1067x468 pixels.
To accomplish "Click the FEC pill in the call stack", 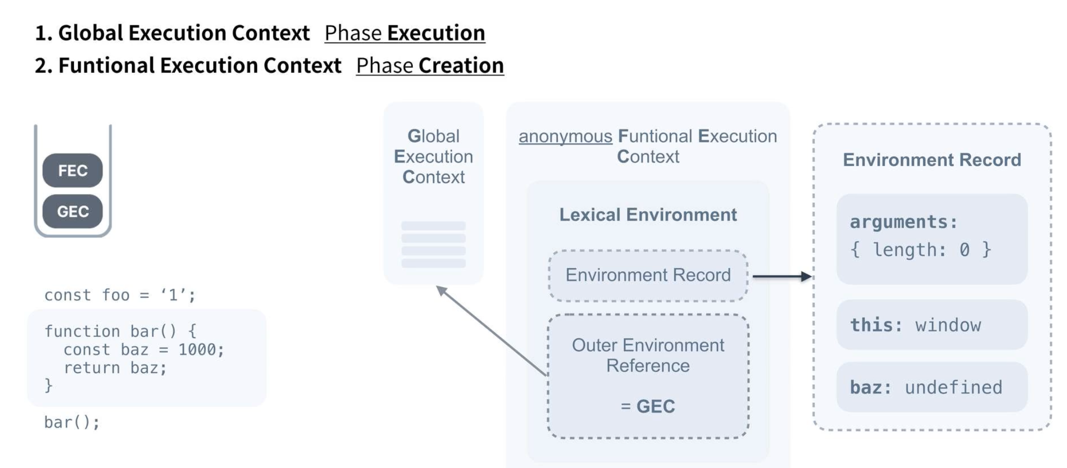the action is (x=72, y=171).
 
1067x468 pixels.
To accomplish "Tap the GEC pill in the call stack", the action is (x=72, y=212).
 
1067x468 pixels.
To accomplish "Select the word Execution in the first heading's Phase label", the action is (x=436, y=33).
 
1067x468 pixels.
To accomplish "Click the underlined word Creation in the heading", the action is (x=461, y=65).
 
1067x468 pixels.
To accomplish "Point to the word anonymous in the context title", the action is (x=565, y=136).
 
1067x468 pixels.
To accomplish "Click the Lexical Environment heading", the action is (x=648, y=215).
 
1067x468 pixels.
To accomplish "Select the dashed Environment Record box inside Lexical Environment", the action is (x=648, y=275).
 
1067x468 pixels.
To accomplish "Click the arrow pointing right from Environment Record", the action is (x=782, y=276).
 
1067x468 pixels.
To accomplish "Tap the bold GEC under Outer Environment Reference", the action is (x=656, y=407).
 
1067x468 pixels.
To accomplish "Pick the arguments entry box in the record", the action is (x=932, y=238).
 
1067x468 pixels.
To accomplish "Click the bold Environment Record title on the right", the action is (x=932, y=160).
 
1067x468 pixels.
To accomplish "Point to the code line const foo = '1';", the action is (x=120, y=295).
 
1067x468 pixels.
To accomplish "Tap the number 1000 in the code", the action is (x=197, y=350).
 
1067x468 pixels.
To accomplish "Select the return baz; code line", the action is (x=115, y=368).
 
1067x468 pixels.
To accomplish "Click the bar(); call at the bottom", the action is (x=72, y=422).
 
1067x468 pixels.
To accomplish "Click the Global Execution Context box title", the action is (x=433, y=156).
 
